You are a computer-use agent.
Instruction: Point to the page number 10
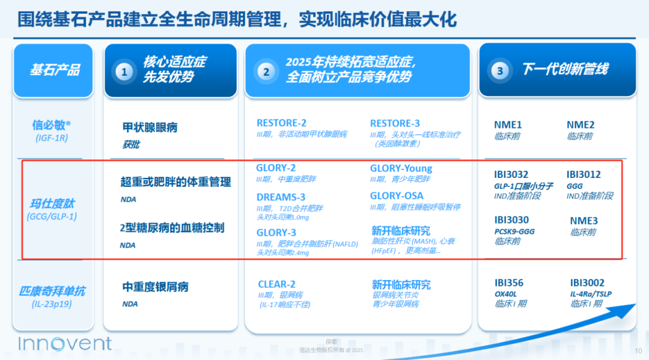[x=639, y=351]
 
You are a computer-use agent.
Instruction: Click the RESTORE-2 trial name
[x=281, y=124]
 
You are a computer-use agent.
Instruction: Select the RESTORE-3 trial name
[x=395, y=124]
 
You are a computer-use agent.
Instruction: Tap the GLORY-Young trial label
[x=401, y=168]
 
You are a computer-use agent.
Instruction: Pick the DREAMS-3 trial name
[x=281, y=197]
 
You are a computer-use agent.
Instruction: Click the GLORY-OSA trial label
[x=397, y=196]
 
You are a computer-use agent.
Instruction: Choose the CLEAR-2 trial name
[x=276, y=284]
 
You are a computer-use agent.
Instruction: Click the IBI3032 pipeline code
[x=511, y=175]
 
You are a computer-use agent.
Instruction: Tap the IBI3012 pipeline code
[x=583, y=175]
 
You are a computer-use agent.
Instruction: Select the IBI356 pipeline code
[x=509, y=283]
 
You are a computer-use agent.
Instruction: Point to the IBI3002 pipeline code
[x=587, y=283]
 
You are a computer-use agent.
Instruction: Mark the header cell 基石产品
[x=54, y=70]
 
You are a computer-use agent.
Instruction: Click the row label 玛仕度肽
[x=52, y=204]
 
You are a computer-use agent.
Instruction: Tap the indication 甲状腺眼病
[x=150, y=128]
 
